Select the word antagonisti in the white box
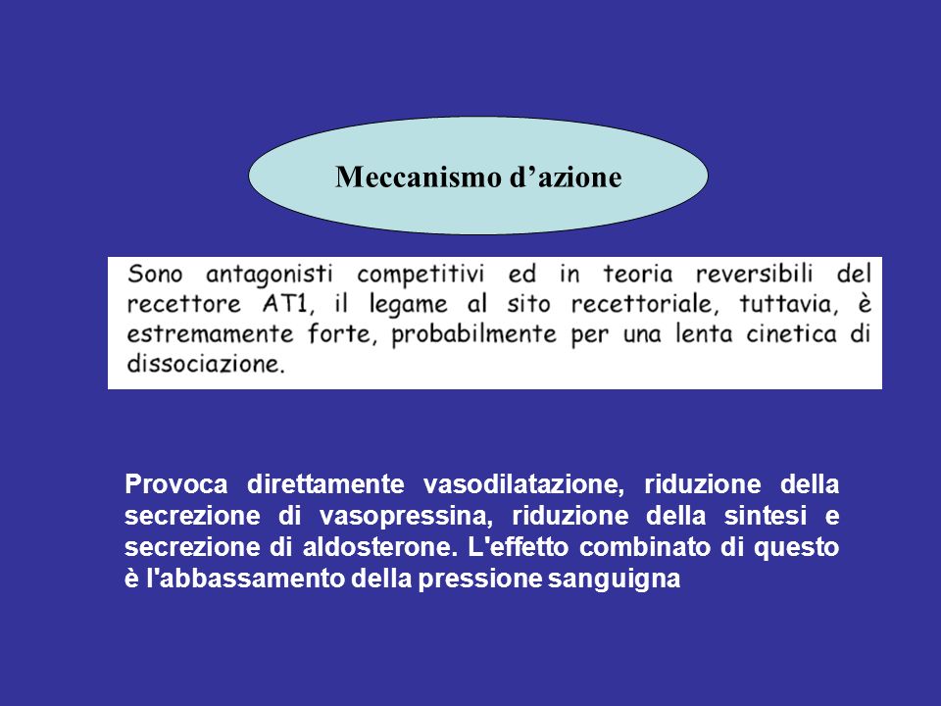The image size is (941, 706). tap(270, 275)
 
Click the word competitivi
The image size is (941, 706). tap(421, 275)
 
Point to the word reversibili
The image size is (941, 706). tap(755, 274)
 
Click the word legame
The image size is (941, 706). tap(408, 304)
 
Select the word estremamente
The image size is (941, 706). tap(210, 333)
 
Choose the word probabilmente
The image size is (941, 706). tap(474, 334)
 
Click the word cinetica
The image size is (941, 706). tap(792, 333)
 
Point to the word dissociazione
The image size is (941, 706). tap(206, 363)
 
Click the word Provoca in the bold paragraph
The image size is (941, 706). tap(176, 483)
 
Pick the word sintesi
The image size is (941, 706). tap(766, 516)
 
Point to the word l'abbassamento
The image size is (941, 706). tap(245, 579)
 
